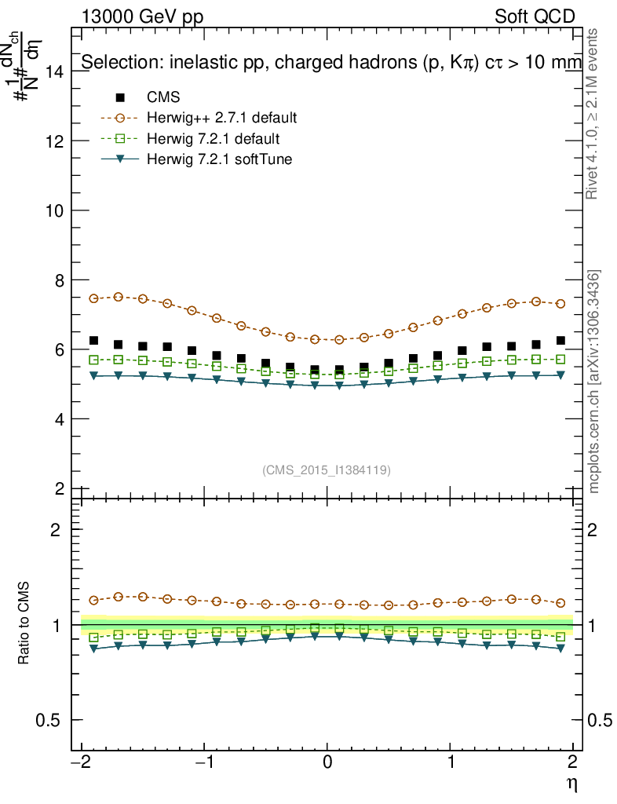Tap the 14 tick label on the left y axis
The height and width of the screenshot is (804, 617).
[55, 71]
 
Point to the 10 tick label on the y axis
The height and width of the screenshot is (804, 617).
[55, 210]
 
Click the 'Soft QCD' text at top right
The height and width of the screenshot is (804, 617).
[535, 16]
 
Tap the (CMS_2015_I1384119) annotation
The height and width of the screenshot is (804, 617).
[327, 470]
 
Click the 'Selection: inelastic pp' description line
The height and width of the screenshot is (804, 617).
[330, 62]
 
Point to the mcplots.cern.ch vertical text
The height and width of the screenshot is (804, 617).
[594, 382]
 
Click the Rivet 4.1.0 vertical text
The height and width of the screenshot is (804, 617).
[594, 113]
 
